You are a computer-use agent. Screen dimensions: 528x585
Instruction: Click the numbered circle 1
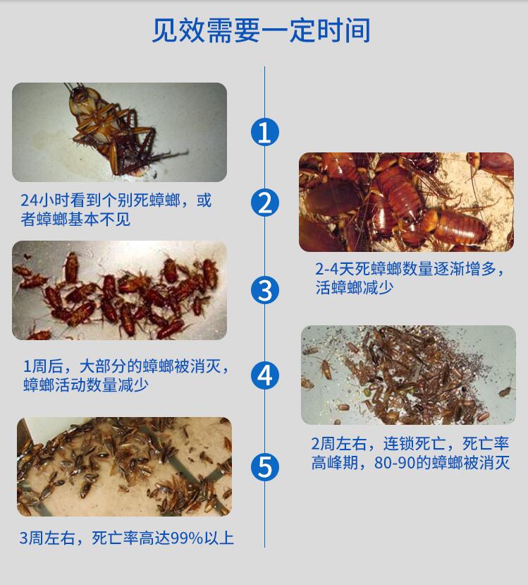click(264, 132)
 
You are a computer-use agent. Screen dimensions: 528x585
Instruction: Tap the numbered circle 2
click(264, 203)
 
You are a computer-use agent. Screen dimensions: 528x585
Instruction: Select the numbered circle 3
click(264, 290)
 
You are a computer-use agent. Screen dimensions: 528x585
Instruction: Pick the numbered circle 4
click(264, 375)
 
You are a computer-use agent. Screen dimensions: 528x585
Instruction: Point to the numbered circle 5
click(264, 466)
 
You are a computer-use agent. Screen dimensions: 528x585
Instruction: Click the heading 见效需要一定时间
click(261, 30)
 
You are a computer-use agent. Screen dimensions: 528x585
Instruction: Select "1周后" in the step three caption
click(43, 366)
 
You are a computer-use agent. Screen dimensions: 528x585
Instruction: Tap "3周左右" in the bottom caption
click(47, 538)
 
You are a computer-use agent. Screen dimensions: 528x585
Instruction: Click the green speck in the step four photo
click(367, 392)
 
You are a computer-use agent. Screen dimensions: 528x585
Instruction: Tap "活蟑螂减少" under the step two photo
click(355, 288)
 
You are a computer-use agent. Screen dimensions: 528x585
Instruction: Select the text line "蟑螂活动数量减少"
click(86, 385)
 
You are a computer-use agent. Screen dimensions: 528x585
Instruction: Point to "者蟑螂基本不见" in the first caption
click(75, 219)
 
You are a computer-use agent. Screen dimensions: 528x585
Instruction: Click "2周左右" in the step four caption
click(338, 444)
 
